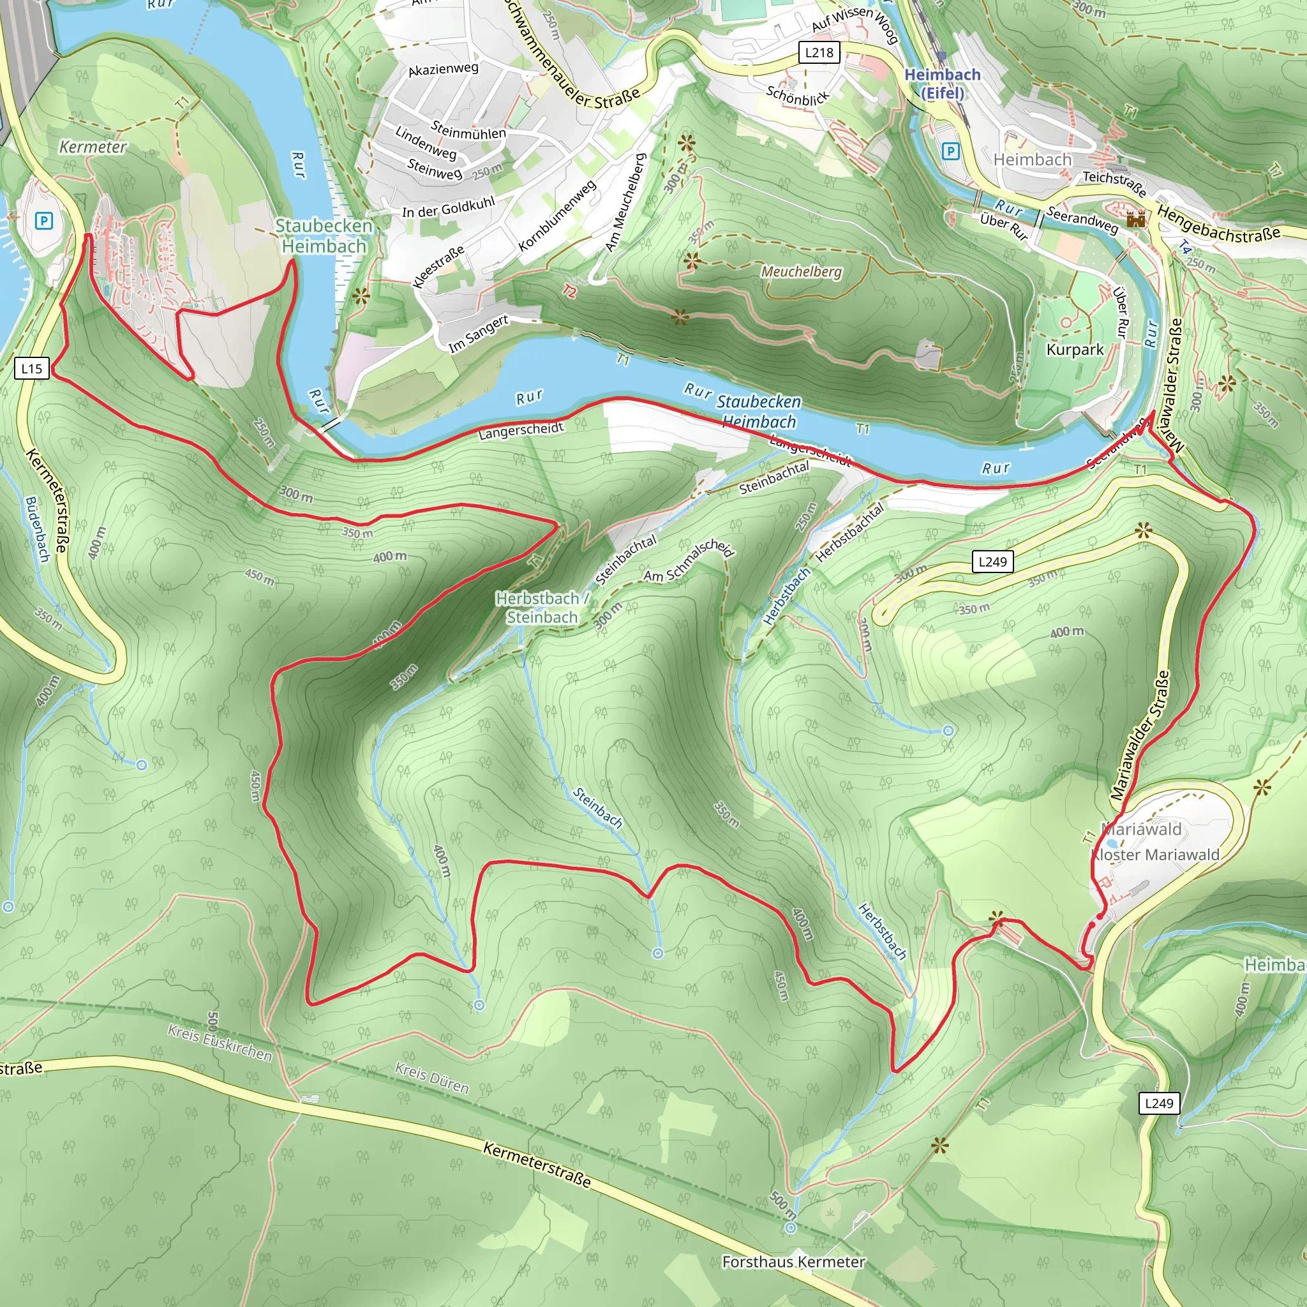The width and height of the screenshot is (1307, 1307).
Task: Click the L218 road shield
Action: [x=819, y=53]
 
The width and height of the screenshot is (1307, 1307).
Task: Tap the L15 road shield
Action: [x=32, y=369]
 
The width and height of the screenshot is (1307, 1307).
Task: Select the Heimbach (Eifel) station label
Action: [x=943, y=83]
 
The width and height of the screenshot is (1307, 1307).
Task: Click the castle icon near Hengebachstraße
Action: [x=1136, y=218]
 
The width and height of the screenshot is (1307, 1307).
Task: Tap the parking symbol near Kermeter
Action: [x=44, y=221]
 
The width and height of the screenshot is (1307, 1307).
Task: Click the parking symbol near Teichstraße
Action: [x=950, y=151]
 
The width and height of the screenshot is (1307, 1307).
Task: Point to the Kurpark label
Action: [x=1075, y=350]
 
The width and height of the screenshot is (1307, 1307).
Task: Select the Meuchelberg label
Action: [x=802, y=271]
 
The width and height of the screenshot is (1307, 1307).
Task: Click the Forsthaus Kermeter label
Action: [x=793, y=1262]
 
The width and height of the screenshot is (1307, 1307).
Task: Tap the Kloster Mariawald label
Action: [x=1156, y=855]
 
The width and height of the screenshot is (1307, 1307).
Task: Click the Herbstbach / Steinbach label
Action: [x=542, y=608]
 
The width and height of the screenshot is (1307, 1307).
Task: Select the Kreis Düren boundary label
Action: [x=431, y=1078]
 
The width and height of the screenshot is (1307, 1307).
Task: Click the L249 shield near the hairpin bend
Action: [x=992, y=562]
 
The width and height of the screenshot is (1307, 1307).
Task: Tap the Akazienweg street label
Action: [x=443, y=69]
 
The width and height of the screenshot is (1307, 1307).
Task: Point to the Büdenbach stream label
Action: [x=38, y=529]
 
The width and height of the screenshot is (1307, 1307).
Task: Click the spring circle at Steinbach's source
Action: [x=657, y=953]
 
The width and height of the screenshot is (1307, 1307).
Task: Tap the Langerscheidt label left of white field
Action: [x=521, y=431]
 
